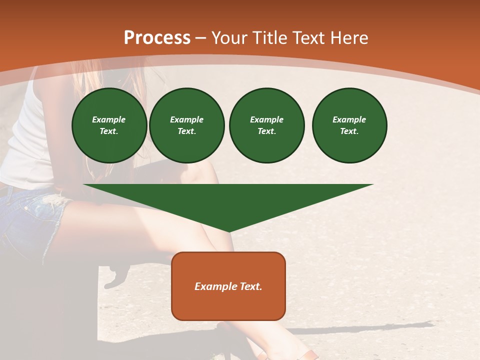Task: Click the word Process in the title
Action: (x=157, y=38)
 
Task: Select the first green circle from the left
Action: (x=109, y=125)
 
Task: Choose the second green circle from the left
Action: (x=186, y=125)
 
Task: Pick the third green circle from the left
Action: (x=266, y=125)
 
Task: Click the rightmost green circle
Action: (x=349, y=125)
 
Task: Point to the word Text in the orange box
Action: (x=250, y=286)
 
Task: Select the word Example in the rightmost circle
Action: (x=349, y=119)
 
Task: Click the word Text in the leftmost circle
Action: (x=109, y=131)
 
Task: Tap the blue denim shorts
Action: (x=27, y=220)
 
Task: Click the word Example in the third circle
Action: (x=266, y=119)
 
